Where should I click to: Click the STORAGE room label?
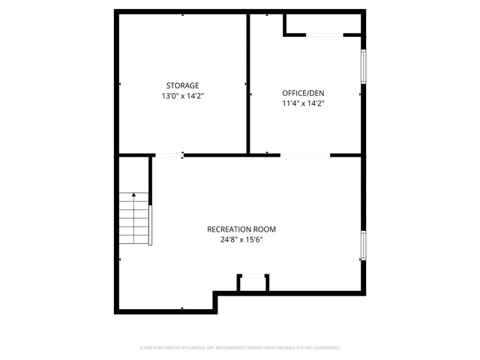[182, 85]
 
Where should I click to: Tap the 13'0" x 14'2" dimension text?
[182, 96]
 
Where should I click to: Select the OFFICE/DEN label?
[303, 92]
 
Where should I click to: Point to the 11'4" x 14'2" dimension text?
[303, 103]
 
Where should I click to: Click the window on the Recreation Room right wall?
[364, 246]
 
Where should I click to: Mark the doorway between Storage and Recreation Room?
[169, 155]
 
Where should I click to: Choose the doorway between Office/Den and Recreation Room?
[305, 155]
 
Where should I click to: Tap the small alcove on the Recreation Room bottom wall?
[253, 283]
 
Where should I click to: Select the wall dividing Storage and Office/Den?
[248, 82]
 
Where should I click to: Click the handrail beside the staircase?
[151, 223]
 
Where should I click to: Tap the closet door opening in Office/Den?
[324, 34]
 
